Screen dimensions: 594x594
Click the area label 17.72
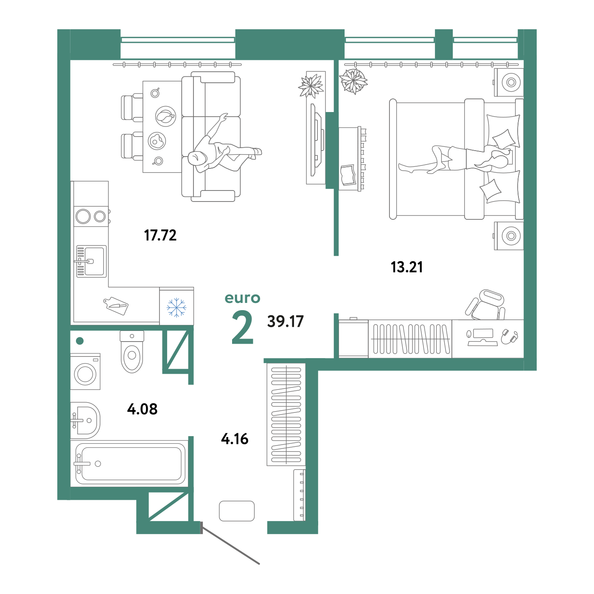pyautogui.click(x=160, y=235)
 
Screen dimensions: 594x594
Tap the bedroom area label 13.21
pyautogui.click(x=406, y=267)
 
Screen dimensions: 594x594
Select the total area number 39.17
pyautogui.click(x=286, y=321)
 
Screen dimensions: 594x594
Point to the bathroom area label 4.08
pyautogui.click(x=142, y=409)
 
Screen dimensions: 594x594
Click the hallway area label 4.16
pyautogui.click(x=235, y=439)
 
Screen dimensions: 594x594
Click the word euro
pyautogui.click(x=242, y=298)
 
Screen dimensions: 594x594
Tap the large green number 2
pyautogui.click(x=242, y=327)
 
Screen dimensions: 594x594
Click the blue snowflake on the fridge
pyautogui.click(x=177, y=307)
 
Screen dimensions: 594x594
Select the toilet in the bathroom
pyautogui.click(x=132, y=352)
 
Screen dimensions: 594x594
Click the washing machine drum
pyautogui.click(x=85, y=374)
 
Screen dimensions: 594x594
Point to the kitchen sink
pyautogui.click(x=92, y=261)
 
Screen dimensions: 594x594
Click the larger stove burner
pyautogui.click(x=83, y=216)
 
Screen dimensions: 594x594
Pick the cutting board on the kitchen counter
pyautogui.click(x=116, y=306)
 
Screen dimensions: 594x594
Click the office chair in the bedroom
pyautogui.click(x=485, y=304)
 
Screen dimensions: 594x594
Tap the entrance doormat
pyautogui.click(x=237, y=511)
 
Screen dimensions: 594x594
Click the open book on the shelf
pyautogui.click(x=348, y=175)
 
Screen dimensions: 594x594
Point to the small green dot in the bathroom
pyautogui.click(x=80, y=341)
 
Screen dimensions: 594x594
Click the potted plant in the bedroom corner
pyautogui.click(x=353, y=81)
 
